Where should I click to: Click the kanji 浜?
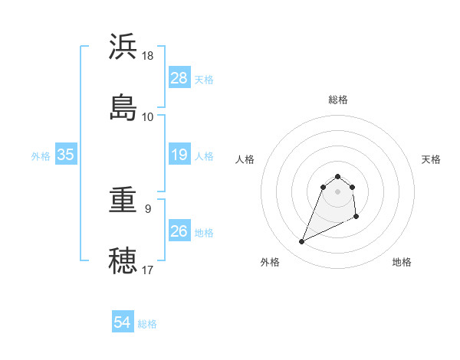pos(123,47)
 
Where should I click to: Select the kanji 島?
pos(123,107)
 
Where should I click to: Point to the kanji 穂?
pos(123,261)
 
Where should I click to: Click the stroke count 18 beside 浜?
pos(148,56)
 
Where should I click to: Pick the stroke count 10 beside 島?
pos(148,116)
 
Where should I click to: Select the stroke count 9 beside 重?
pos(148,208)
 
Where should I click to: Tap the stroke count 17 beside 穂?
pos(148,270)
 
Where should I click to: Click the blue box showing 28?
pos(179,78)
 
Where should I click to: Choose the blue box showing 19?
pos(179,155)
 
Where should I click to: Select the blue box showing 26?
pos(179,231)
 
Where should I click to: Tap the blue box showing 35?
pos(66,155)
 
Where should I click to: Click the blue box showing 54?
pos(123,323)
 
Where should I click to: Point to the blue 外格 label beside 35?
pos(41,156)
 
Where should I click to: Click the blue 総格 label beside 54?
pos(147,324)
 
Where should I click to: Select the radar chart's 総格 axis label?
pos(338,100)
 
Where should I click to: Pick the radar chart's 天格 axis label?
pos(432,159)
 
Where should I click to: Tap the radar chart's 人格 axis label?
pos(245,159)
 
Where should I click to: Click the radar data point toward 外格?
pos(301,242)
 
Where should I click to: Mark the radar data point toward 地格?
pos(356,217)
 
